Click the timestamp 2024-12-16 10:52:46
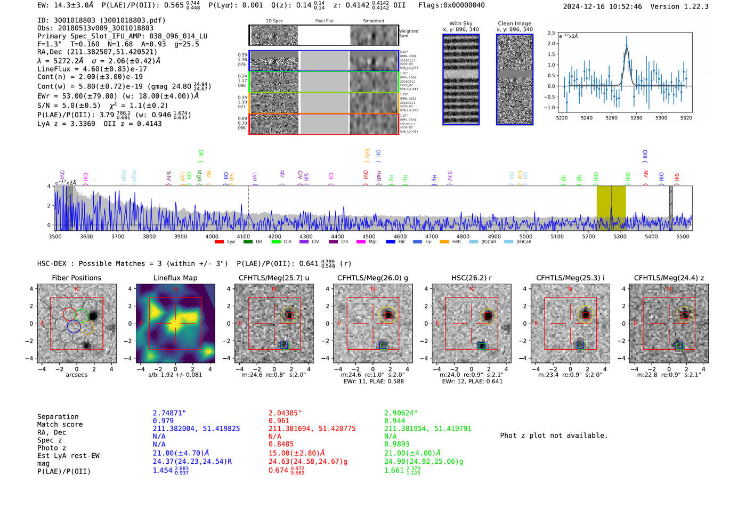tap(602, 6)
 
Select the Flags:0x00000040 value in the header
tap(451, 5)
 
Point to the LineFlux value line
tap(92, 69)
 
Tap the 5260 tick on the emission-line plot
tap(611, 118)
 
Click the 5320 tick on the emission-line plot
tap(686, 118)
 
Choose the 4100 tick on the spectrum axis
tap(243, 237)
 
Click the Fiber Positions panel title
tap(76, 278)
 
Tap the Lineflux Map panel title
tap(175, 278)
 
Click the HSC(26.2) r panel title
tap(471, 278)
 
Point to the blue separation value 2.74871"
tap(169, 413)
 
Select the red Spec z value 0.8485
tap(281, 444)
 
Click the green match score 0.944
tap(394, 421)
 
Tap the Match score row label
tap(60, 425)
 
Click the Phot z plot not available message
tap(554, 436)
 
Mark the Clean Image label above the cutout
tap(514, 23)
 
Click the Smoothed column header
tap(373, 21)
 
